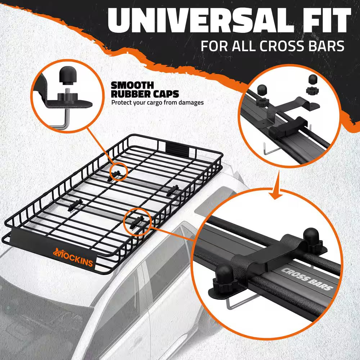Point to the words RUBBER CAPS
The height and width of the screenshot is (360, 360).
(x=145, y=94)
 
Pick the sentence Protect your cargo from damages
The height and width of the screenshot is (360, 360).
(x=157, y=103)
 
